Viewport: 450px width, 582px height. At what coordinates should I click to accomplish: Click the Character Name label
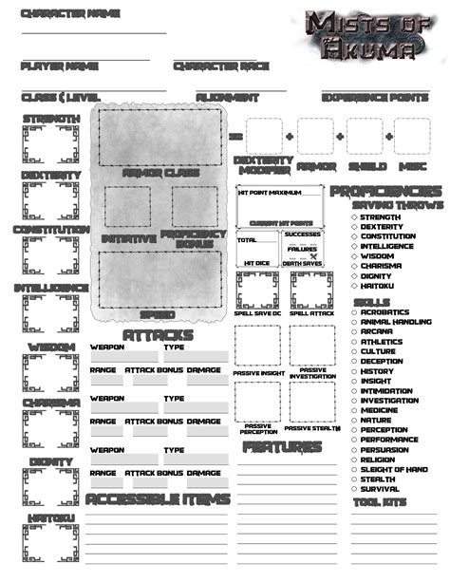tap(56, 14)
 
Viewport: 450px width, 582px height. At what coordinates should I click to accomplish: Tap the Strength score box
tap(51, 145)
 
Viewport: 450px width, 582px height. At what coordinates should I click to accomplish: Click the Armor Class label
tap(160, 173)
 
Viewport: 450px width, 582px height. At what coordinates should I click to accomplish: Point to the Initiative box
tap(127, 206)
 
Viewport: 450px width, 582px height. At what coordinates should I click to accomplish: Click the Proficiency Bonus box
tap(195, 206)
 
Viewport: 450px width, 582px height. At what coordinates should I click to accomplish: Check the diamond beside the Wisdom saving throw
tap(353, 255)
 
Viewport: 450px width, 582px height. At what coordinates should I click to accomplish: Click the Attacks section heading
tap(158, 335)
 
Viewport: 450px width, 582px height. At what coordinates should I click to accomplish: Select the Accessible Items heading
tap(158, 499)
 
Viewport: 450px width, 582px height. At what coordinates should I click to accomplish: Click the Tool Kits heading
tap(380, 501)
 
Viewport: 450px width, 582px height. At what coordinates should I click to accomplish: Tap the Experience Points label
tap(375, 97)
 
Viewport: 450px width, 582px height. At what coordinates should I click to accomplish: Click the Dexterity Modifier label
tap(261, 165)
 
